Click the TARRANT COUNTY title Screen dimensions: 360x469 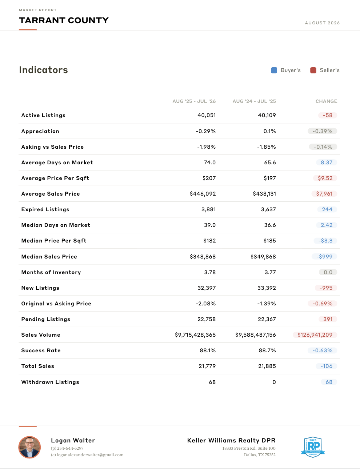(64, 20)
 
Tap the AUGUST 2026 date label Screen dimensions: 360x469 (322, 23)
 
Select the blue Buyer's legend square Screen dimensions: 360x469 (274, 71)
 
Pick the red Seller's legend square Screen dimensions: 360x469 (313, 71)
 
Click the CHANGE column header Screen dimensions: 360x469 (326, 101)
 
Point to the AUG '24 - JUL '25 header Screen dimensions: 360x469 (254, 101)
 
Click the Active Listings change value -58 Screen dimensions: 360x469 (328, 115)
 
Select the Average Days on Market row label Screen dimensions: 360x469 (57, 163)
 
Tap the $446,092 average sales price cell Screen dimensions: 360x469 (203, 194)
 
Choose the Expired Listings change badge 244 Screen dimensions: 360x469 (327, 209)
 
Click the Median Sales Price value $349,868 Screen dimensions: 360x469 (263, 257)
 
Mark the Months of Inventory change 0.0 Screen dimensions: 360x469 (328, 272)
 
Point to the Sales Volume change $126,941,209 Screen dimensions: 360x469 (315, 335)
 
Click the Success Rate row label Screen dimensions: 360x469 (41, 350)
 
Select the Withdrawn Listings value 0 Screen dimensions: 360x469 (274, 382)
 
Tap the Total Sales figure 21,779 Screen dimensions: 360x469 (207, 366)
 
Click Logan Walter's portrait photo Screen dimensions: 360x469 (29, 447)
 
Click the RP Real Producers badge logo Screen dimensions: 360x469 (313, 447)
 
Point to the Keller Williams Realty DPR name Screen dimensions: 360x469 (231, 440)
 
